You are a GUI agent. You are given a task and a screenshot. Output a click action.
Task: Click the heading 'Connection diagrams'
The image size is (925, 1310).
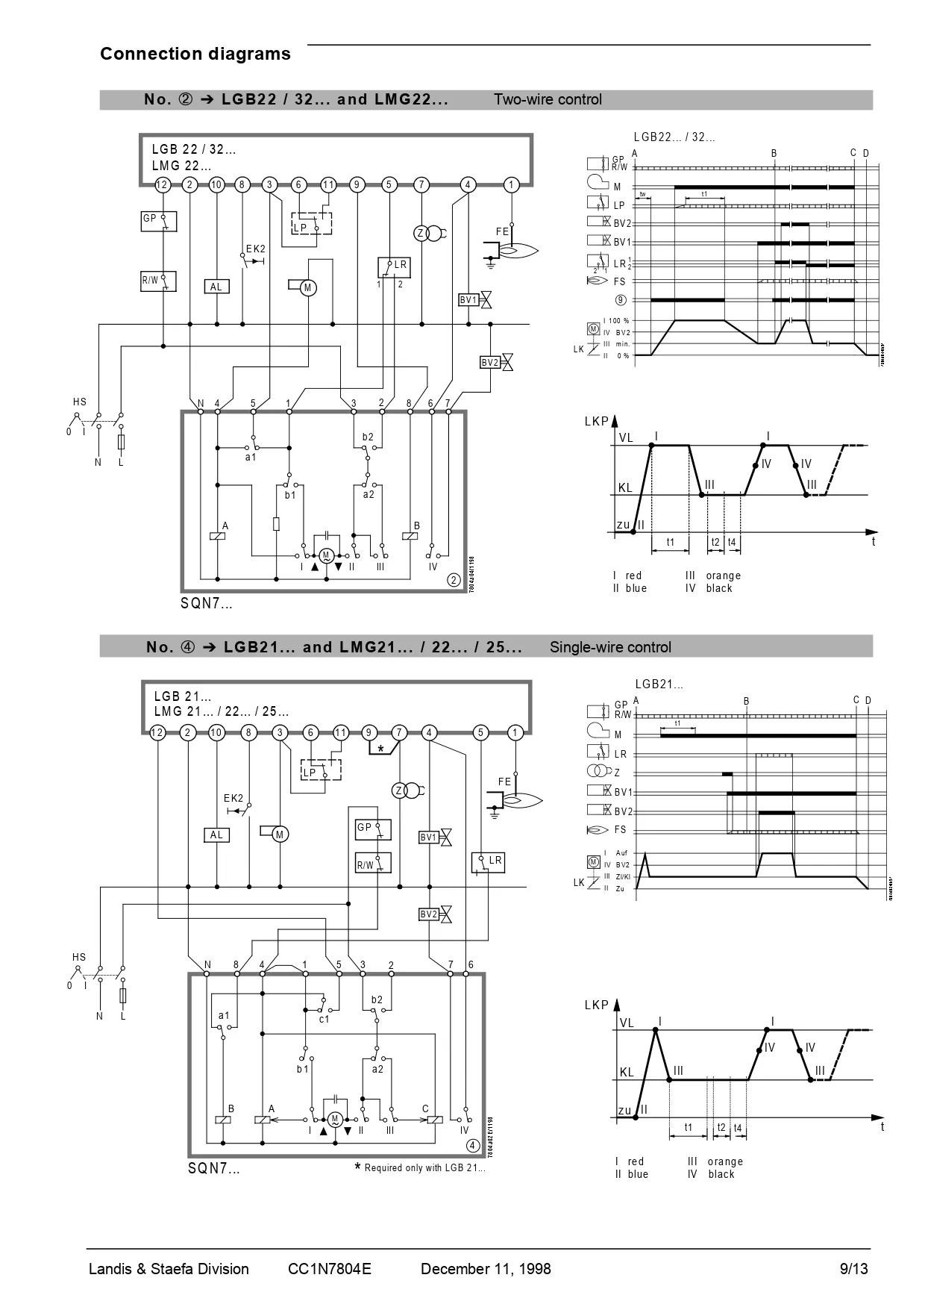coord(195,54)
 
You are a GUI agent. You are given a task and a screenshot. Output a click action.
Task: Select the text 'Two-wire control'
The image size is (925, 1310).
coord(548,99)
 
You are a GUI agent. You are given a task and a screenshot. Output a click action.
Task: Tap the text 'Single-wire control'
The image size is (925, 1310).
coord(610,647)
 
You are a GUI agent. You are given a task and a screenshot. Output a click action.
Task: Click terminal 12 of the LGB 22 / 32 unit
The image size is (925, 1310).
coord(163,184)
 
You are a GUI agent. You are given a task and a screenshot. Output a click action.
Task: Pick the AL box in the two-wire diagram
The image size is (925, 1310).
coord(216,287)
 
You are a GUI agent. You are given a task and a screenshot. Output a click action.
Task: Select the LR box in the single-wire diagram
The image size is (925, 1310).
coord(489,862)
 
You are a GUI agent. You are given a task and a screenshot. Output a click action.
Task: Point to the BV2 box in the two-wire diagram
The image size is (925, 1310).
coord(490,363)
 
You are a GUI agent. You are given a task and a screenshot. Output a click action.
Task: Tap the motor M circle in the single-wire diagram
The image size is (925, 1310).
coord(280,835)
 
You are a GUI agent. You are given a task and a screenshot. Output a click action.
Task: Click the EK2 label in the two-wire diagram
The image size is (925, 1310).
coord(255,249)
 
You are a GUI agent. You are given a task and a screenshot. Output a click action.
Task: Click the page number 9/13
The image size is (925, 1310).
coord(854,1269)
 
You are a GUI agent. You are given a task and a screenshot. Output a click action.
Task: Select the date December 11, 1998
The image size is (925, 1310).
coord(486,1269)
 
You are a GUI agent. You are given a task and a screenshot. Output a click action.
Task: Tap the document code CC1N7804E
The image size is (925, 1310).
coord(329,1269)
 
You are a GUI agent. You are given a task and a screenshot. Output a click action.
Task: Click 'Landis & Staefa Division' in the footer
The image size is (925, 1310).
coord(169,1269)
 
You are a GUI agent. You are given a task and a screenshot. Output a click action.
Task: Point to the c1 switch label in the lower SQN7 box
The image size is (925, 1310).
coord(324,1019)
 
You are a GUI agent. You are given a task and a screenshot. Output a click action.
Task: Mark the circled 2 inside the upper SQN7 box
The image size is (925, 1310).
coord(454,580)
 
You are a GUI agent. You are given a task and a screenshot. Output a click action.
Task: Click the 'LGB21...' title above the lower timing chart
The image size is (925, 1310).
coord(659,684)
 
